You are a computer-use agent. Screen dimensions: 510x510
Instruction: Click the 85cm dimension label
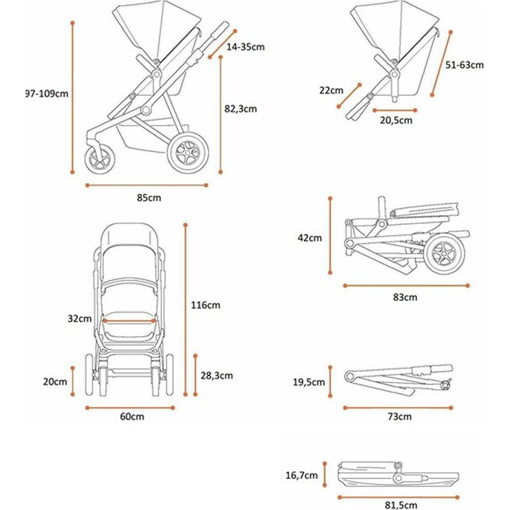click(149, 198)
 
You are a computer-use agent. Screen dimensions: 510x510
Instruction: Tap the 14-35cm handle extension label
click(245, 47)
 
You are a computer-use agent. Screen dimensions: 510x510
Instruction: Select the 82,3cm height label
click(241, 109)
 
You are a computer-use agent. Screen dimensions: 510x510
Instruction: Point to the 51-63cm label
click(464, 64)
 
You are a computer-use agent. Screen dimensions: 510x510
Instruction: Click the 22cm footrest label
click(331, 90)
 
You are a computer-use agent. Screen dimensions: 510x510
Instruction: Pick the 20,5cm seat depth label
click(395, 120)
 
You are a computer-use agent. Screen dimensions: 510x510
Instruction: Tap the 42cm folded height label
click(310, 238)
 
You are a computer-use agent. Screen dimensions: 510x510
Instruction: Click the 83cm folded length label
click(405, 298)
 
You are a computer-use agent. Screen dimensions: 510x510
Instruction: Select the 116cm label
click(205, 305)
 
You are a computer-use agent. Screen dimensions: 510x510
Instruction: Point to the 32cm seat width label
click(80, 319)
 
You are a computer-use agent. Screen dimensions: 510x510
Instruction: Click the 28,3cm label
click(217, 376)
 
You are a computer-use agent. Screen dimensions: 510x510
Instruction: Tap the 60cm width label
click(132, 417)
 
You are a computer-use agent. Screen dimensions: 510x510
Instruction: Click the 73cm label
click(399, 417)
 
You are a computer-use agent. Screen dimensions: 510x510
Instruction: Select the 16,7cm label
click(301, 475)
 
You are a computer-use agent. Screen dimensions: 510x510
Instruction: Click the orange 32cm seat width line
click(129, 321)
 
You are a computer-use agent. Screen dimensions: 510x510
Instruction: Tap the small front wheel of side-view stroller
click(101, 159)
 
